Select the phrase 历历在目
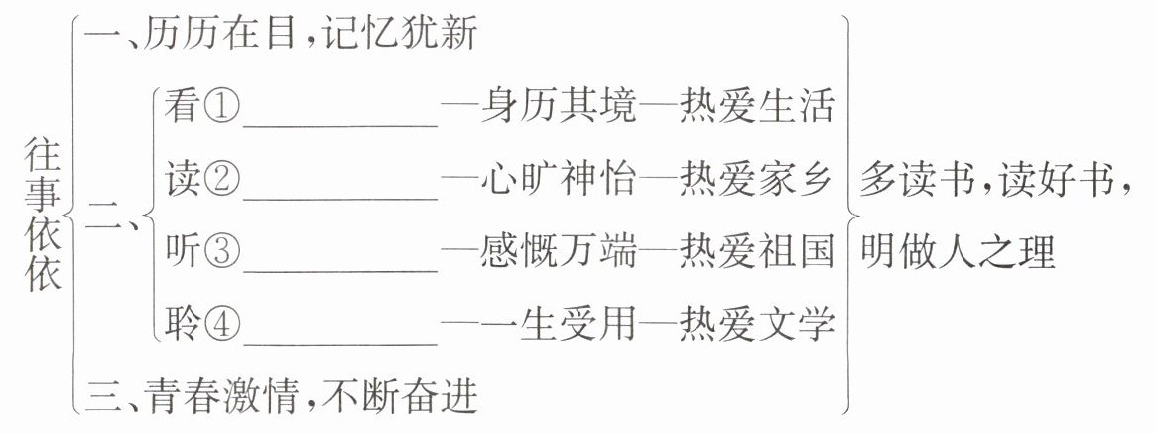[219, 37]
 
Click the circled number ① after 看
[221, 108]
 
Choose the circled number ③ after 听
[221, 252]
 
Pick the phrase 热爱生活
[757, 108]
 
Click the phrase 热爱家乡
[757, 180]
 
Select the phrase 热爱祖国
[757, 252]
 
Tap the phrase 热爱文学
[757, 325]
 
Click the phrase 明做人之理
[958, 252]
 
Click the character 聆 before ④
[183, 325]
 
